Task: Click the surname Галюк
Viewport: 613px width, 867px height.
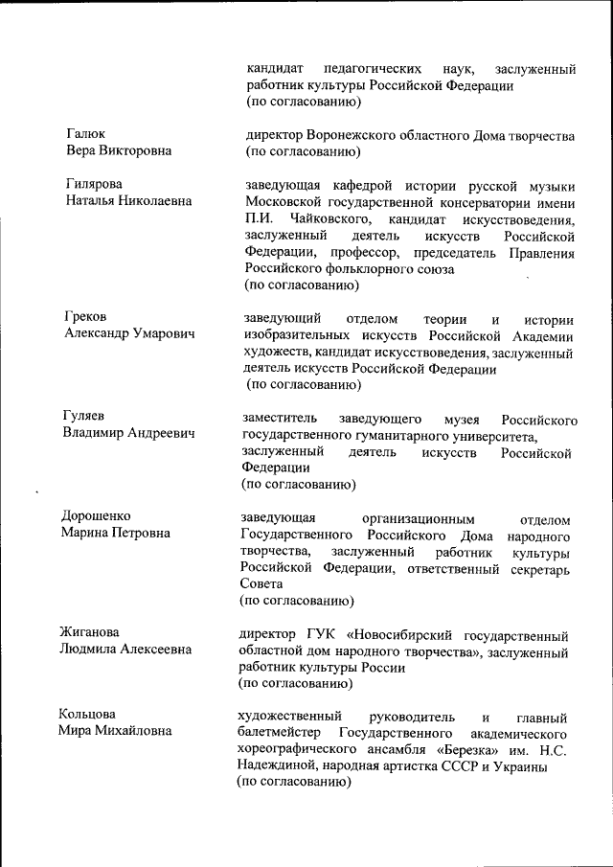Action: [85, 134]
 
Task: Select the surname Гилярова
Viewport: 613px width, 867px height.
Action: [94, 184]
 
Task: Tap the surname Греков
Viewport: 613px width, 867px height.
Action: [85, 316]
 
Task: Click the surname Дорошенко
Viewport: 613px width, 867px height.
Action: [98, 515]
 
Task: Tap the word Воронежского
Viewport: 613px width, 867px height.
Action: [353, 135]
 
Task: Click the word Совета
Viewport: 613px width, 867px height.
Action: [261, 583]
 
